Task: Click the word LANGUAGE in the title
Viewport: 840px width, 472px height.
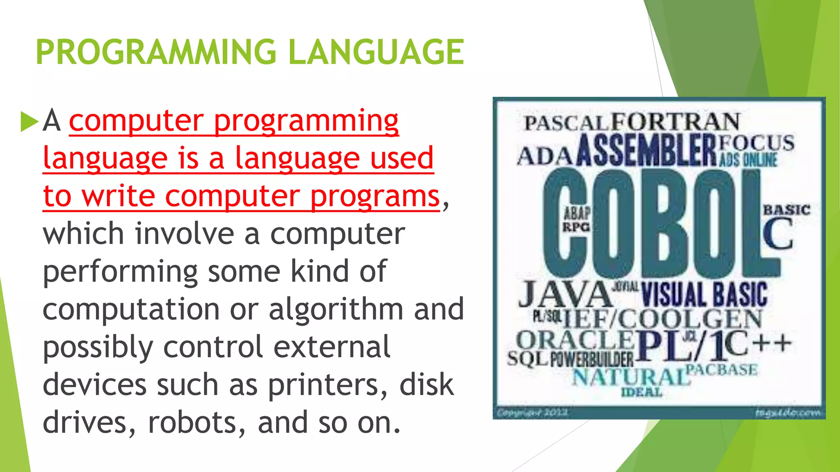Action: click(x=376, y=52)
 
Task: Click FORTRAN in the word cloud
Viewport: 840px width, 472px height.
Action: click(x=676, y=121)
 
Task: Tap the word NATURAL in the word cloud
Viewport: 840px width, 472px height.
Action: click(x=630, y=377)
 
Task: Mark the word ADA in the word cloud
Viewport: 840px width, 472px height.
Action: click(x=544, y=156)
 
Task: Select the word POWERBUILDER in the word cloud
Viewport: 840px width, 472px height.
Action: click(x=591, y=359)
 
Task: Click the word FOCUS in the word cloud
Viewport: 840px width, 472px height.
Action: click(x=756, y=143)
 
